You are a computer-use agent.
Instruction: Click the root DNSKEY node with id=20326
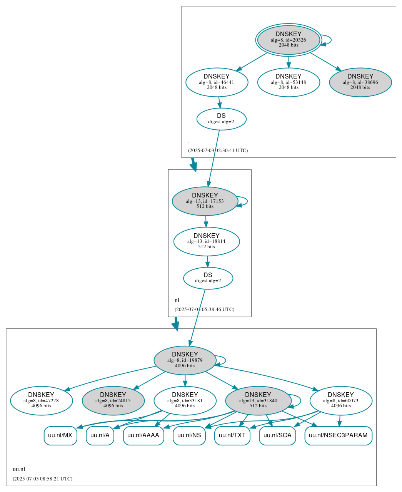coord(289,40)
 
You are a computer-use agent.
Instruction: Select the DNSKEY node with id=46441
coord(217,82)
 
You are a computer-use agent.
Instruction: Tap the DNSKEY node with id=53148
coord(289,82)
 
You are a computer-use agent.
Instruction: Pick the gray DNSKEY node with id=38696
coord(360,82)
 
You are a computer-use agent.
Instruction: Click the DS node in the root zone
coord(221,119)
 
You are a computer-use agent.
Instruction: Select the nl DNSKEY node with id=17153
coord(205,201)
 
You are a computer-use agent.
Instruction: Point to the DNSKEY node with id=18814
coord(207,241)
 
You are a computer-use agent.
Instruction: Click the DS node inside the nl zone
coord(208,278)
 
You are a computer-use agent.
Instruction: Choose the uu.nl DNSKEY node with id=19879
coord(185,360)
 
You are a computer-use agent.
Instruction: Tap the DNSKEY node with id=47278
coord(41,401)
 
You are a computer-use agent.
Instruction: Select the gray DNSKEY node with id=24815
coord(113,401)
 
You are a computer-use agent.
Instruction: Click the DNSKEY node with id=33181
coord(185,401)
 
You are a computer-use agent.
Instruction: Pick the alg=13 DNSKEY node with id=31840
coord(258,401)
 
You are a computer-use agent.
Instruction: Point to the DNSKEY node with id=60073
coord(341,401)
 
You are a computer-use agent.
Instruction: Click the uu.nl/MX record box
coord(60,435)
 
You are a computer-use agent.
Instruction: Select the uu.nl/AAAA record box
coord(143,435)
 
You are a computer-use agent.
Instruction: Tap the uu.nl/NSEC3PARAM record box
coord(338,435)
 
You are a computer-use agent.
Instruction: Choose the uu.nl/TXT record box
coord(232,435)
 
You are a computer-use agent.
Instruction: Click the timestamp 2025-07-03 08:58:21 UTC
coord(42,479)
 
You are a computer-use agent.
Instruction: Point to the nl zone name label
coord(177,300)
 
